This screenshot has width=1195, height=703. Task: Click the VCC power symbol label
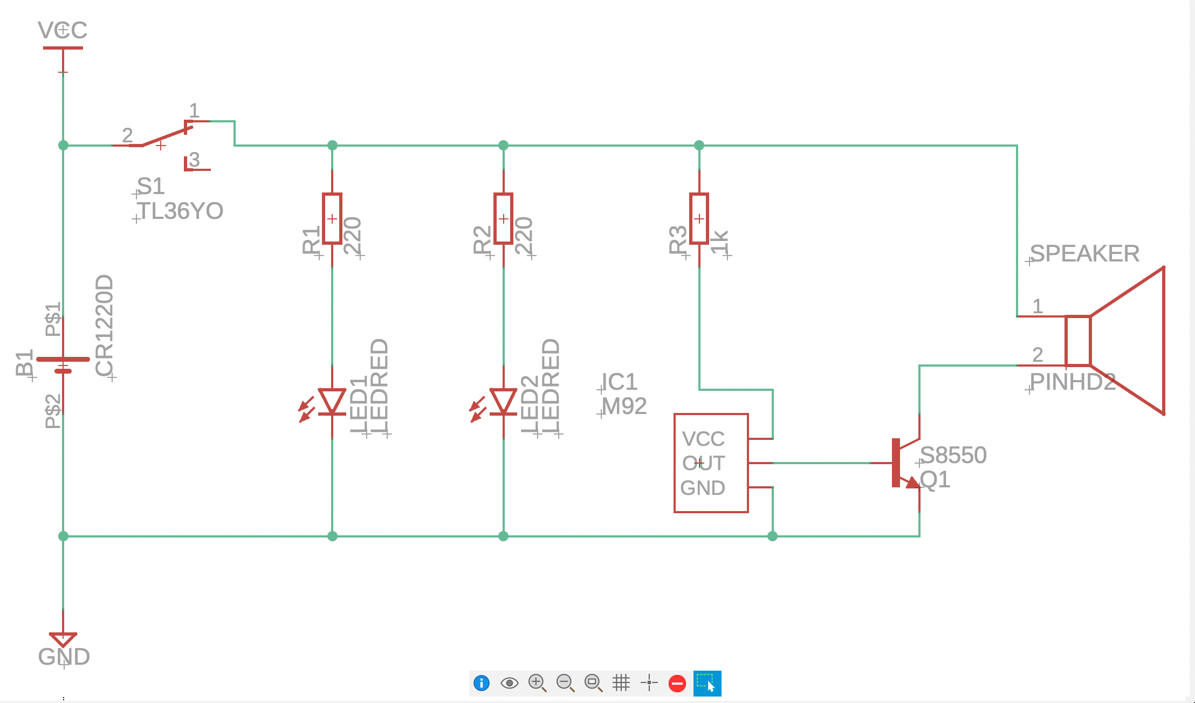(x=63, y=30)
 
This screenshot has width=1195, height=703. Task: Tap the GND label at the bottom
(x=64, y=657)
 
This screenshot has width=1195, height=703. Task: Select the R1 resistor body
(x=332, y=218)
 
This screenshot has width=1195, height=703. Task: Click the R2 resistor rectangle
(x=503, y=218)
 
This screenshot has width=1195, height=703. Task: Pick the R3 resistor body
(x=699, y=218)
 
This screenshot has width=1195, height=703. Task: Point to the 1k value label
(x=720, y=242)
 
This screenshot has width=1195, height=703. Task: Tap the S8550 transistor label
(x=953, y=456)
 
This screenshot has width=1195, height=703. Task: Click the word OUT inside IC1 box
(x=703, y=463)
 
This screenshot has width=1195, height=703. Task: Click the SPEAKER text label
(x=1084, y=254)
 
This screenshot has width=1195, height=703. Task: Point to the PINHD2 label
(x=1072, y=382)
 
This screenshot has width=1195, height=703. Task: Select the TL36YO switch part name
(x=180, y=211)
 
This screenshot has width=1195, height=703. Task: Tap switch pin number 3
(x=195, y=160)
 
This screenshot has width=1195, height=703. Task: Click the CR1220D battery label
(x=104, y=326)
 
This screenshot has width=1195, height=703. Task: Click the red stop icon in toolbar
(x=677, y=683)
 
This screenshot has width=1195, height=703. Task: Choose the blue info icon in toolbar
(x=481, y=683)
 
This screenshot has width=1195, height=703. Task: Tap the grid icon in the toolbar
(x=621, y=683)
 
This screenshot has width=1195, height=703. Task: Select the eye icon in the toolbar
(x=509, y=683)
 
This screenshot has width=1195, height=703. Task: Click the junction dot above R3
(x=699, y=145)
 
